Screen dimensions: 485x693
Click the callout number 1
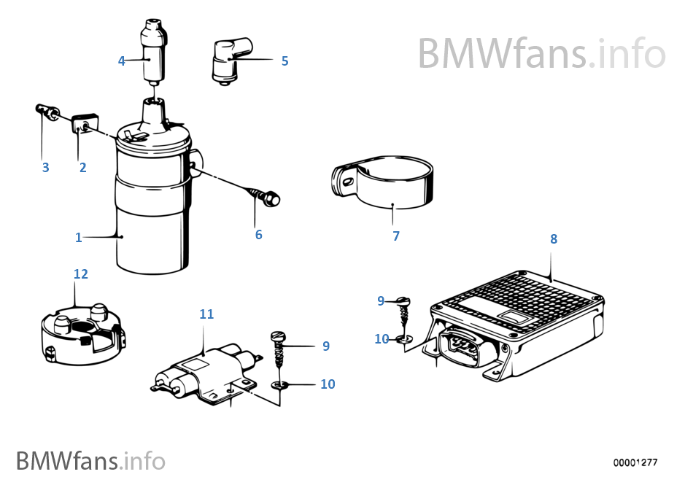click(79, 237)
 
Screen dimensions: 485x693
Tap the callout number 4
click(122, 61)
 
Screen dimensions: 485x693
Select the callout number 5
click(284, 61)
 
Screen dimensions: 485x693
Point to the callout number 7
click(396, 236)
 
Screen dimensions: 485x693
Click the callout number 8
click(554, 238)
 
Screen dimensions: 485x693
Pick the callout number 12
click(80, 273)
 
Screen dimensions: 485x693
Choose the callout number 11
click(206, 314)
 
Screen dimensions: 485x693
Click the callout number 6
click(258, 235)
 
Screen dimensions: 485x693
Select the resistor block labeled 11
click(208, 368)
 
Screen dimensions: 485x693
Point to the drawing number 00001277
click(635, 462)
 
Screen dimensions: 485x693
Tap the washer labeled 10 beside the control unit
click(403, 338)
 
